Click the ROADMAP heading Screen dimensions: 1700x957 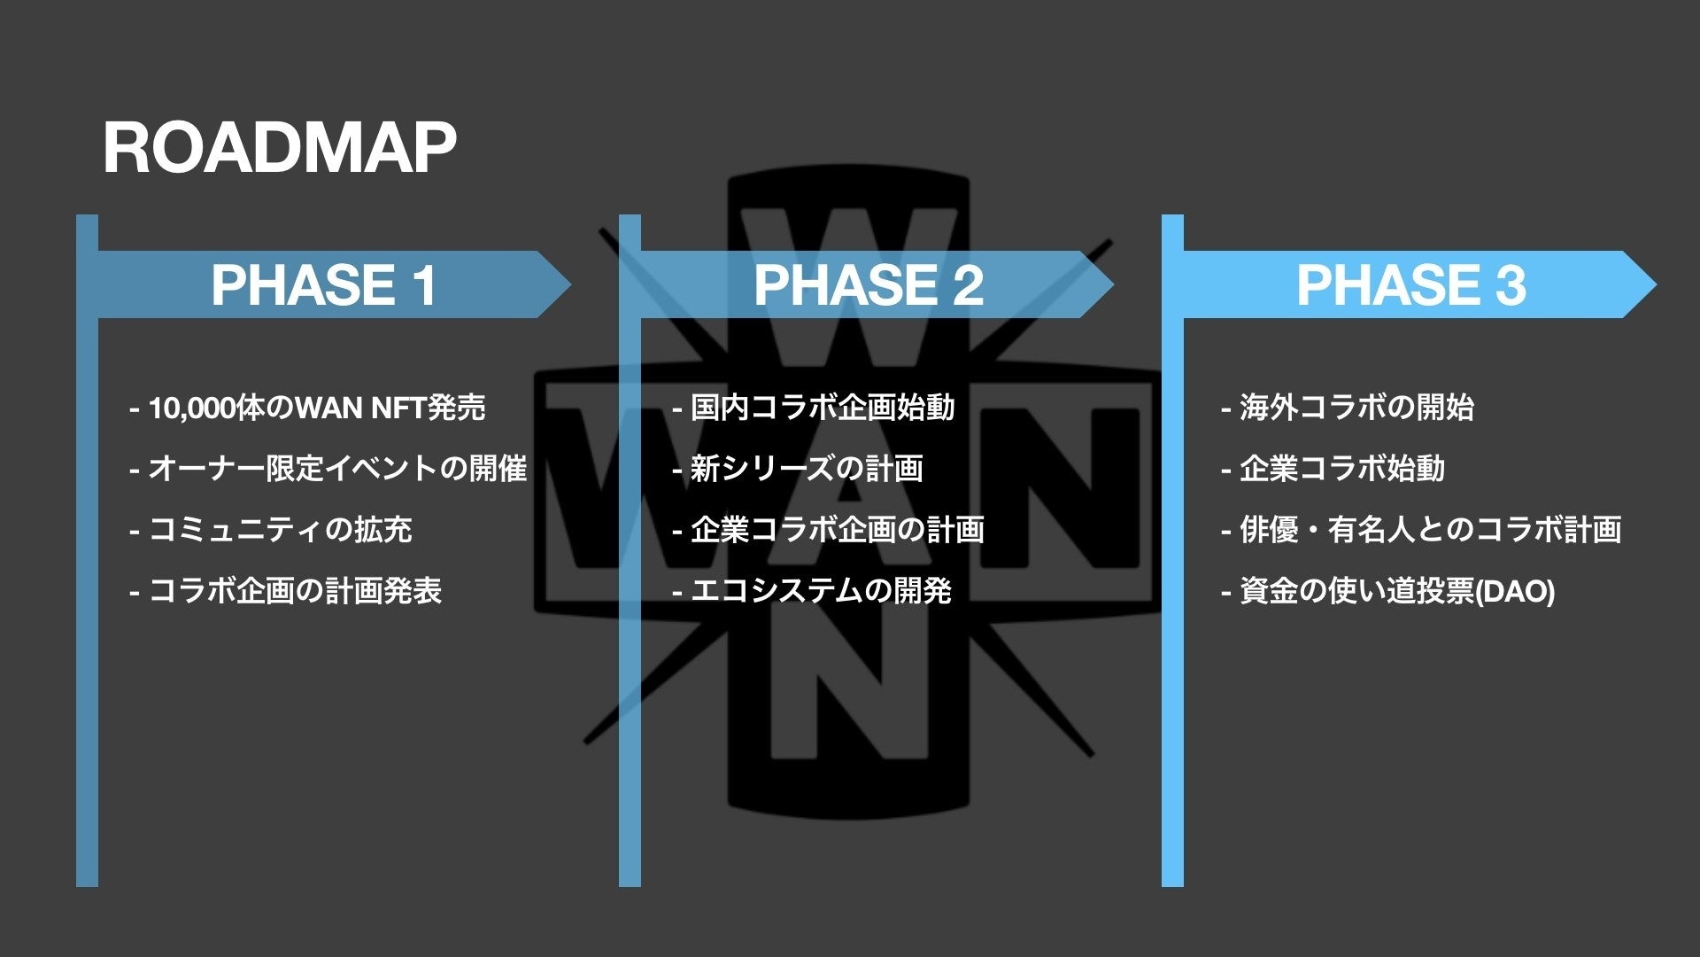(279, 148)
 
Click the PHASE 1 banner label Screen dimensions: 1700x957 (324, 285)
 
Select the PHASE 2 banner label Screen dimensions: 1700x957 (868, 285)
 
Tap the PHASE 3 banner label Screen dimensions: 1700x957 (1410, 285)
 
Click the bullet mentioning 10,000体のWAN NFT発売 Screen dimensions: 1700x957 (307, 408)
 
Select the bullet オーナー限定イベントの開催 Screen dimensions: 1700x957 (328, 469)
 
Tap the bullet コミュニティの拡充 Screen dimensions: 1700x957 (271, 530)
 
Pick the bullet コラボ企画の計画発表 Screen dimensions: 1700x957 (286, 591)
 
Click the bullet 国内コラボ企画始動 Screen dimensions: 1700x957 (814, 408)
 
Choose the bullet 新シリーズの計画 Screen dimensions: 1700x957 (798, 469)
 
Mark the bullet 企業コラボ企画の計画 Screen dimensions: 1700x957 (829, 530)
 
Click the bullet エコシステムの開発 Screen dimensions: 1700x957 (813, 591)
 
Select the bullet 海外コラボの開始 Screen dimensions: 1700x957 (1347, 408)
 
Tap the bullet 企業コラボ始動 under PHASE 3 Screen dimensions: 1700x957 (1333, 469)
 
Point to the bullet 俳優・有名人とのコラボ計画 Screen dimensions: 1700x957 (1421, 530)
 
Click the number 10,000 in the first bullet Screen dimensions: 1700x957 (192, 408)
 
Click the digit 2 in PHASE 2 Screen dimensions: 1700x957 (968, 285)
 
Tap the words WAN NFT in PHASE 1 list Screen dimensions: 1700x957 (359, 408)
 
